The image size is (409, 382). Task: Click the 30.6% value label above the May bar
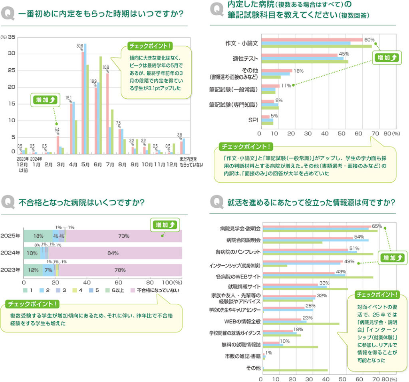80,47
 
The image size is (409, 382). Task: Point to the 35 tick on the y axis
12,37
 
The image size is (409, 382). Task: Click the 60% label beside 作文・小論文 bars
369,40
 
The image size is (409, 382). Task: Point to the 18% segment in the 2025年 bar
38,236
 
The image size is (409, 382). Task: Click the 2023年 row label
10,270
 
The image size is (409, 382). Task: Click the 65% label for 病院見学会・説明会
377,226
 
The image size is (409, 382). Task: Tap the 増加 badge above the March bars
45,100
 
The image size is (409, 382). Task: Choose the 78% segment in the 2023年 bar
120,270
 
